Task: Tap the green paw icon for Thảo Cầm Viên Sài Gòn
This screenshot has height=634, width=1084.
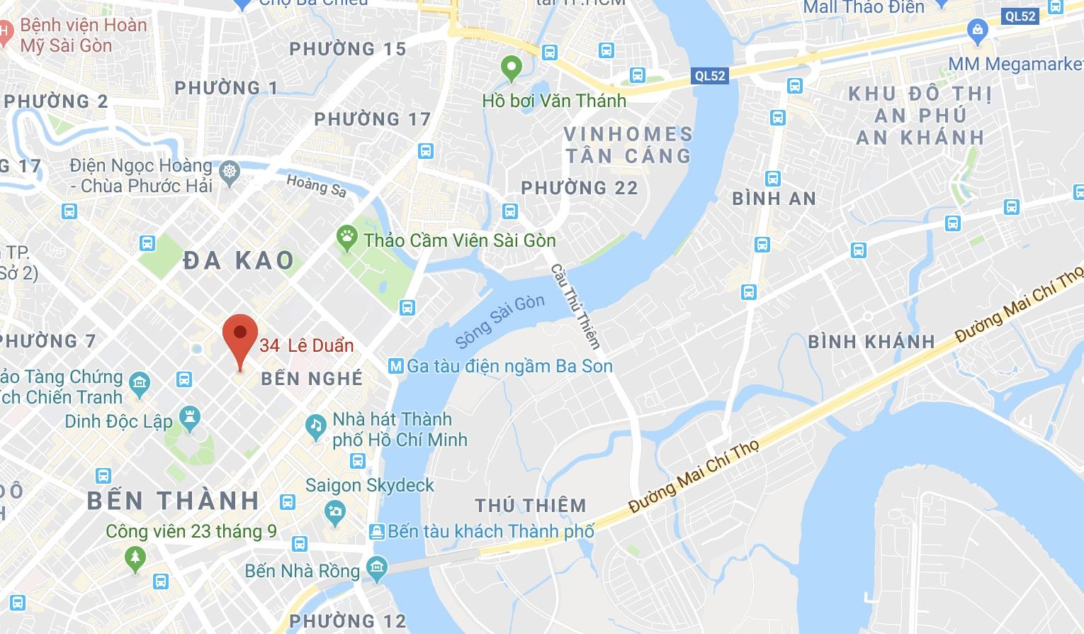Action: coord(346,239)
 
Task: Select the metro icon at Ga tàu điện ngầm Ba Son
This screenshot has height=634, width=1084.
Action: coord(396,366)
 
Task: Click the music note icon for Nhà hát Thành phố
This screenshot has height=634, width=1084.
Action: coord(315,426)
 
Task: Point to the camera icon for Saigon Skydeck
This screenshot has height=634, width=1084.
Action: coord(334,511)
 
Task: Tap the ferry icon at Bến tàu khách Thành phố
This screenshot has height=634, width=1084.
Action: coord(377,531)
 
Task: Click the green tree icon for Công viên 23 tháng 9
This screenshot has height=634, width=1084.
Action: coord(135,558)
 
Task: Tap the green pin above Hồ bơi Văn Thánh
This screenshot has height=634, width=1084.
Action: coord(511,69)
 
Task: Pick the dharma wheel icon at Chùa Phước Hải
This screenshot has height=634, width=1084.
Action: coord(230,172)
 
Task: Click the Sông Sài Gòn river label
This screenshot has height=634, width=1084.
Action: coord(499,321)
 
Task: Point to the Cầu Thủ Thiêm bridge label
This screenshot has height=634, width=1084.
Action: coord(575,306)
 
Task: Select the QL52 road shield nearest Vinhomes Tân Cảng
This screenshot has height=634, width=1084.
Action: coord(709,75)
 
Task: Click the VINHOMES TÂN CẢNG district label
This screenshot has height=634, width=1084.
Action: coord(628,145)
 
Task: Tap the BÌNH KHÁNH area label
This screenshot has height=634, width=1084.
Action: coord(871,342)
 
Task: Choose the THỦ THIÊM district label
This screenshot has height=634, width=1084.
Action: coord(531,506)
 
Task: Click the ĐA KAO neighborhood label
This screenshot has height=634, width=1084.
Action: coord(239,260)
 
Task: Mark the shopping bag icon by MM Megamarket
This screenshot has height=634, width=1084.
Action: coord(977,30)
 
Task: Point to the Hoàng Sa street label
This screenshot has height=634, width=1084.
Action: coord(316,186)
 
